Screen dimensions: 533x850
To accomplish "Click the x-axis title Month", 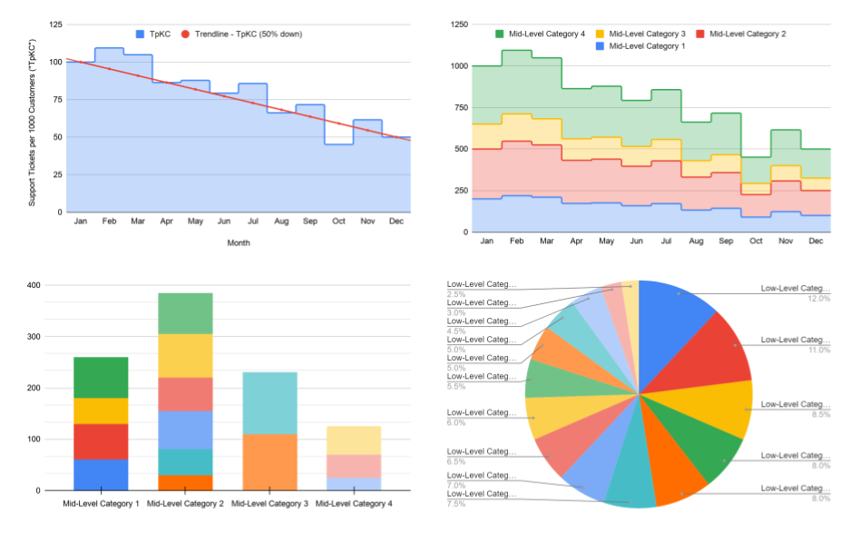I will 239,242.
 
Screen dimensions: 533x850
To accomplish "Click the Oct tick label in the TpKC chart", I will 338,221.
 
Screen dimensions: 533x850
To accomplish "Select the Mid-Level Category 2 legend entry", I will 740,34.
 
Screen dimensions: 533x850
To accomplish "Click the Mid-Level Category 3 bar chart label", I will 269,503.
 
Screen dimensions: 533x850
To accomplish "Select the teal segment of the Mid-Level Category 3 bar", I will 269,403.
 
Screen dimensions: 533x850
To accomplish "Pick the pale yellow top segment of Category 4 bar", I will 354,440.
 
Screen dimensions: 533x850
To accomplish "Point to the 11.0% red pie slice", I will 717,350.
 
